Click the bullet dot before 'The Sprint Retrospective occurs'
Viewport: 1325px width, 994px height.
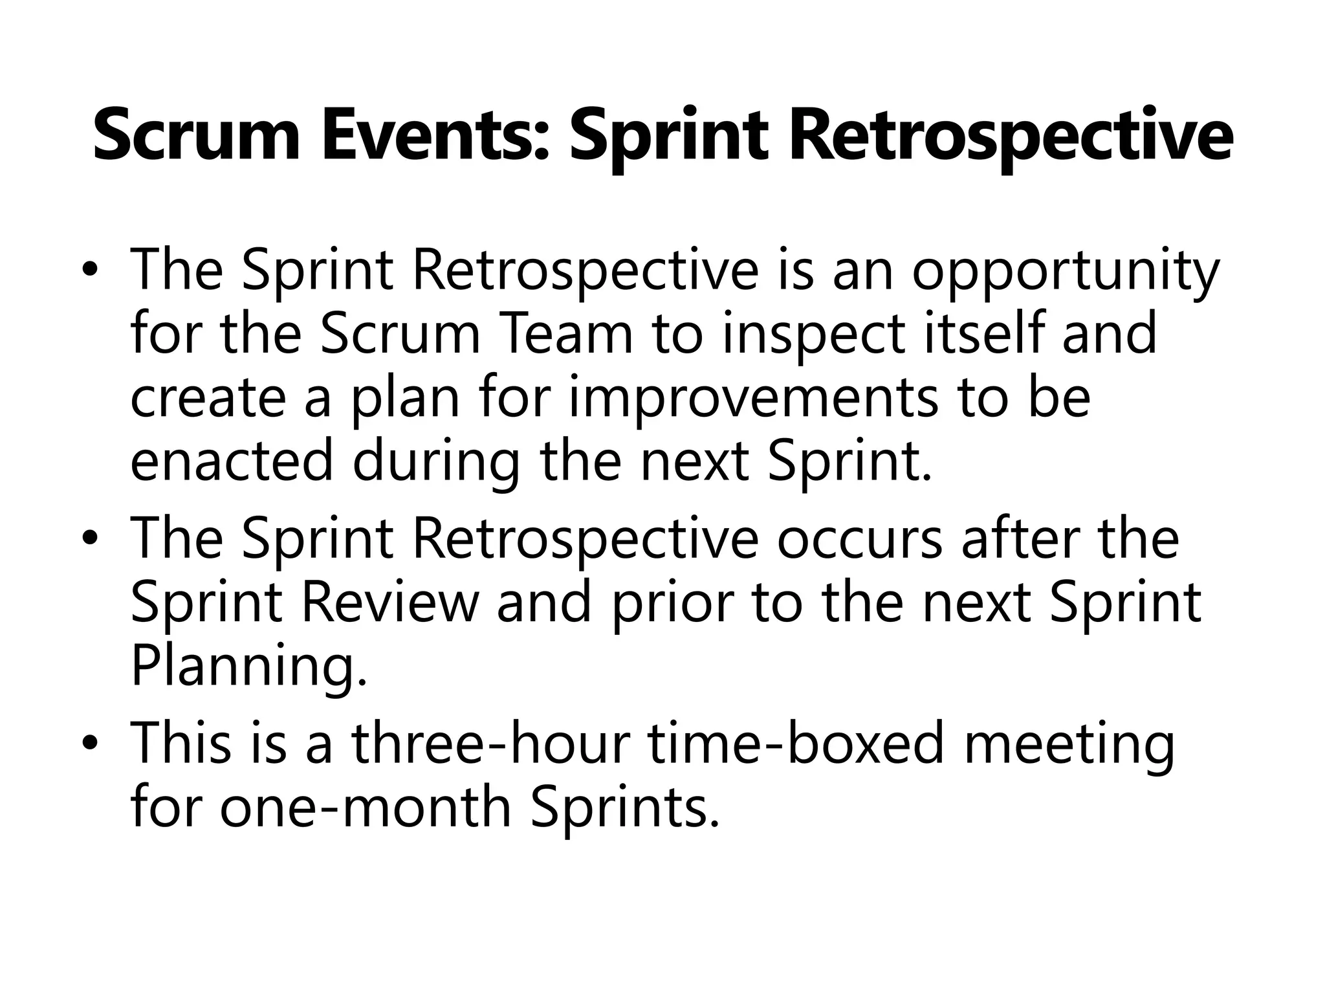pyautogui.click(x=93, y=539)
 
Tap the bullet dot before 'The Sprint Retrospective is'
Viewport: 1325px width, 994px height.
pyautogui.click(x=93, y=270)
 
